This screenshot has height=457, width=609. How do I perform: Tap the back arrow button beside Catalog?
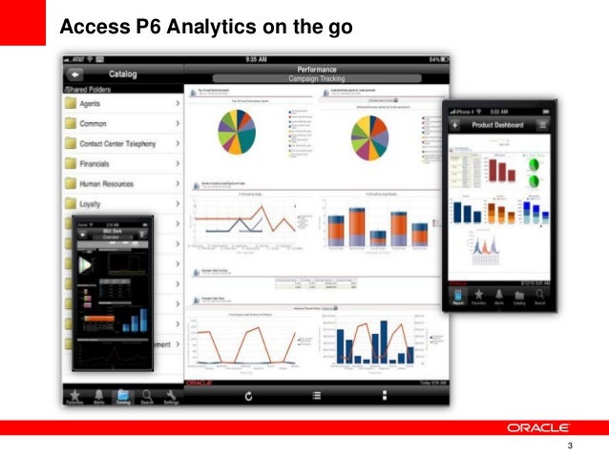coord(75,73)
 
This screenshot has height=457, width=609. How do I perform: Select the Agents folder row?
coord(120,104)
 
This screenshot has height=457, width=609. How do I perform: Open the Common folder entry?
coord(120,124)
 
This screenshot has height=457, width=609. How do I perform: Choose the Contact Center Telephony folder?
coord(120,144)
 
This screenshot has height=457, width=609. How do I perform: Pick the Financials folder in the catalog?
coord(120,164)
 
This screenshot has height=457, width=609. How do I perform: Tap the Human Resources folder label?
coord(120,184)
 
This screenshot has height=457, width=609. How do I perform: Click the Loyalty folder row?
coord(120,204)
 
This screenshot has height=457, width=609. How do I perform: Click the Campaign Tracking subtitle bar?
coord(316,78)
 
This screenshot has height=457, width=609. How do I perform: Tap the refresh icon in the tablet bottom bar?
coord(248,396)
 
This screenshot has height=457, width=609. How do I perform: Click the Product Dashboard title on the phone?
coord(502,125)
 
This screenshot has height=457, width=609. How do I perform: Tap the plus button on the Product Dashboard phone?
coord(456,125)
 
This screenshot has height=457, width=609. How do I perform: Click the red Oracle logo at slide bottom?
coord(538,426)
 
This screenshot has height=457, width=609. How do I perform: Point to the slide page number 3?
coord(570,447)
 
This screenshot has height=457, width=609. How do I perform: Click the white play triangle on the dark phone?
coord(85,264)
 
